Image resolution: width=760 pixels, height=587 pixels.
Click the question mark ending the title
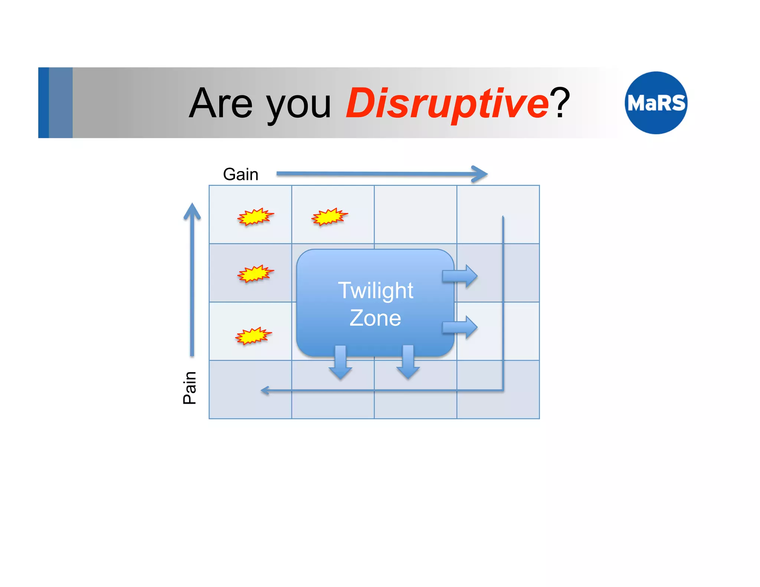pyautogui.click(x=560, y=102)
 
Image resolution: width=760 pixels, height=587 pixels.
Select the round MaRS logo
pyautogui.click(x=656, y=103)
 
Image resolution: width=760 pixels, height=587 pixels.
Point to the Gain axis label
pyautogui.click(x=240, y=174)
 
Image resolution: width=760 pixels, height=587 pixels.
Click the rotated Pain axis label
pyautogui.click(x=189, y=388)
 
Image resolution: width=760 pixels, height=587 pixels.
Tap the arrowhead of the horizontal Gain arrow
pyautogui.click(x=480, y=174)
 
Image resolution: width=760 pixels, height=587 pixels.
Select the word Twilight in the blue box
pyautogui.click(x=375, y=290)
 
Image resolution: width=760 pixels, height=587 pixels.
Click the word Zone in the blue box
pyautogui.click(x=375, y=318)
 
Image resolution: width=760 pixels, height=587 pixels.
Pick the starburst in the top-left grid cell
pyautogui.click(x=255, y=217)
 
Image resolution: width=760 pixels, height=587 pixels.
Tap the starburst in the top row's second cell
pyautogui.click(x=329, y=217)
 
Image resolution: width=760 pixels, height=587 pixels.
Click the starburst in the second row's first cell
pyautogui.click(x=255, y=274)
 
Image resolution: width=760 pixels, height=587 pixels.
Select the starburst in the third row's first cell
pyautogui.click(x=253, y=336)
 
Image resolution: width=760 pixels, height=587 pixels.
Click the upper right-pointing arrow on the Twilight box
pyautogui.click(x=460, y=276)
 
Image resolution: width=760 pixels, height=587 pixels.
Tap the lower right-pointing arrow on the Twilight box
pyautogui.click(x=460, y=327)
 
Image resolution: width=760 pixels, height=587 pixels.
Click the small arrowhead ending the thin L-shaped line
pyautogui.click(x=264, y=390)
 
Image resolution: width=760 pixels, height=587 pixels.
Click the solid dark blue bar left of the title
pyautogui.click(x=43, y=102)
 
